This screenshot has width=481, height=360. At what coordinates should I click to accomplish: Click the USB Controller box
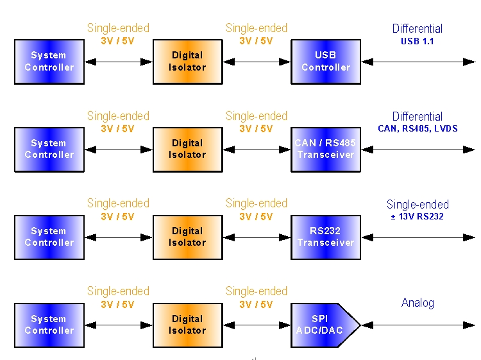coord(326,62)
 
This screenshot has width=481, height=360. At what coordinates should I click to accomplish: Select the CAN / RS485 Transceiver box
coord(326,150)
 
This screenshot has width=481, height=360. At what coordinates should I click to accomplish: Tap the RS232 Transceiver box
coord(326,237)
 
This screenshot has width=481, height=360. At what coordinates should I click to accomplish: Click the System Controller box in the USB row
coord(49,62)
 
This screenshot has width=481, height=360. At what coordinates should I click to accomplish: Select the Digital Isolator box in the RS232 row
coord(187,237)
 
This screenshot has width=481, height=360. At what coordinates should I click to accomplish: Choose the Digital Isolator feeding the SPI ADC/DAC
coord(187,325)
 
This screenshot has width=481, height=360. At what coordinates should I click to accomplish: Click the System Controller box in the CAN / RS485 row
coord(49,150)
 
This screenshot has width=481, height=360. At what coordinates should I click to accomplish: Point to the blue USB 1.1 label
coord(418,41)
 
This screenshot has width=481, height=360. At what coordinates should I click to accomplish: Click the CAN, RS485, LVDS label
coord(418,129)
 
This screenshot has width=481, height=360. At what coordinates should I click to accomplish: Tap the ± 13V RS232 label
coord(418,216)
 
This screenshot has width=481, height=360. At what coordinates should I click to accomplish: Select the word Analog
coord(418,303)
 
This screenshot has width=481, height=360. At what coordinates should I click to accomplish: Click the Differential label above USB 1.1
coord(418,29)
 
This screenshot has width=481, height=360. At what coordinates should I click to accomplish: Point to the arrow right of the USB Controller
coord(418,62)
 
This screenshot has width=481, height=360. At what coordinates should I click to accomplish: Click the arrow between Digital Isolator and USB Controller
coord(257,62)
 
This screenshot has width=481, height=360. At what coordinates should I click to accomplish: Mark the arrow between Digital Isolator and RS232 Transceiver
coord(257,237)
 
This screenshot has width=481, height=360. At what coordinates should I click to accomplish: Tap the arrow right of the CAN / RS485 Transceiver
coord(418,150)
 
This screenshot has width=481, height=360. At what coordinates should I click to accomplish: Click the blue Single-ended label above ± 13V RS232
coord(418,205)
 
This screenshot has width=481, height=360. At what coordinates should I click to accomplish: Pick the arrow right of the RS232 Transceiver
coord(418,237)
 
